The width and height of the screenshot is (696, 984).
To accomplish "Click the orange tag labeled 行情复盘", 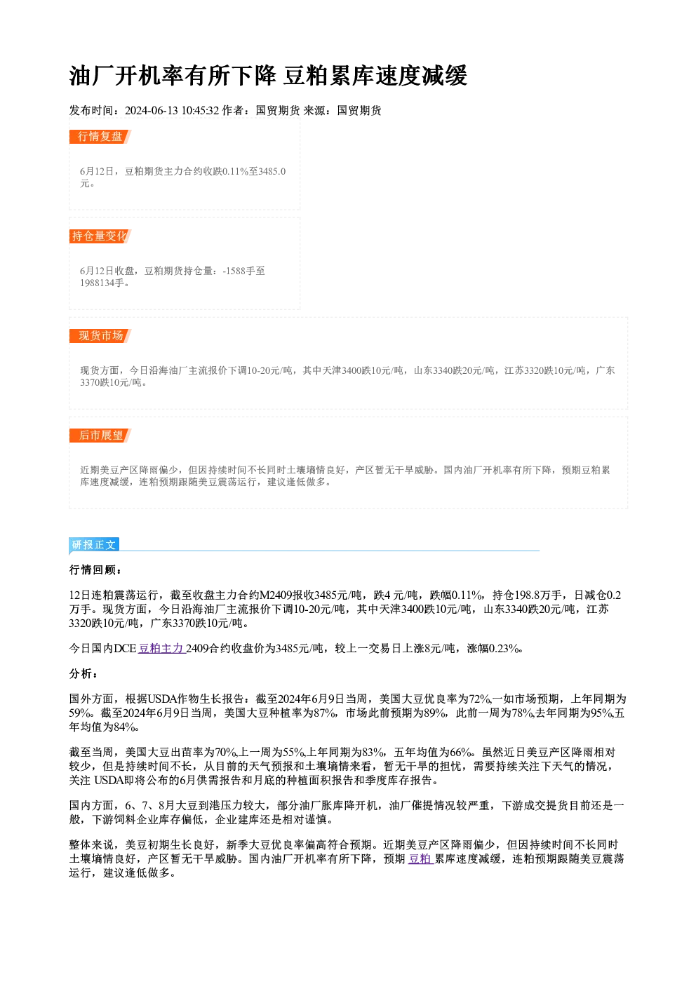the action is (x=100, y=137).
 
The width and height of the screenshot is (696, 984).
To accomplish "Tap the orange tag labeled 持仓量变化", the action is (x=100, y=236).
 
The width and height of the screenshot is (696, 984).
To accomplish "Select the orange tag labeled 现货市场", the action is (x=100, y=336).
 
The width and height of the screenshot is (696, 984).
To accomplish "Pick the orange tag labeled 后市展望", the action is (x=100, y=436).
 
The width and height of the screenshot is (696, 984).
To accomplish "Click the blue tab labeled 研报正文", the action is (x=94, y=545).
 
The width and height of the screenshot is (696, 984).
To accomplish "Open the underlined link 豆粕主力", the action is (x=161, y=648).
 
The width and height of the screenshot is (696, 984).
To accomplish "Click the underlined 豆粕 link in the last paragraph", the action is (x=420, y=858).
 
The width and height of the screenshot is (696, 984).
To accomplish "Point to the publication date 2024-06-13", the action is (x=152, y=111).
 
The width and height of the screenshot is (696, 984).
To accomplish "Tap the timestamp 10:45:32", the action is (x=200, y=111).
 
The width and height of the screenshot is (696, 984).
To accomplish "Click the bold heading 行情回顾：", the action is (x=95, y=570).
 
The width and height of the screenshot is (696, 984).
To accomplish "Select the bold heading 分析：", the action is (x=83, y=674).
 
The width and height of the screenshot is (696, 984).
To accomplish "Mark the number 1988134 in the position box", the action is (x=97, y=283).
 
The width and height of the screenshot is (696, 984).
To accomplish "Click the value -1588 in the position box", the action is (x=234, y=271).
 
